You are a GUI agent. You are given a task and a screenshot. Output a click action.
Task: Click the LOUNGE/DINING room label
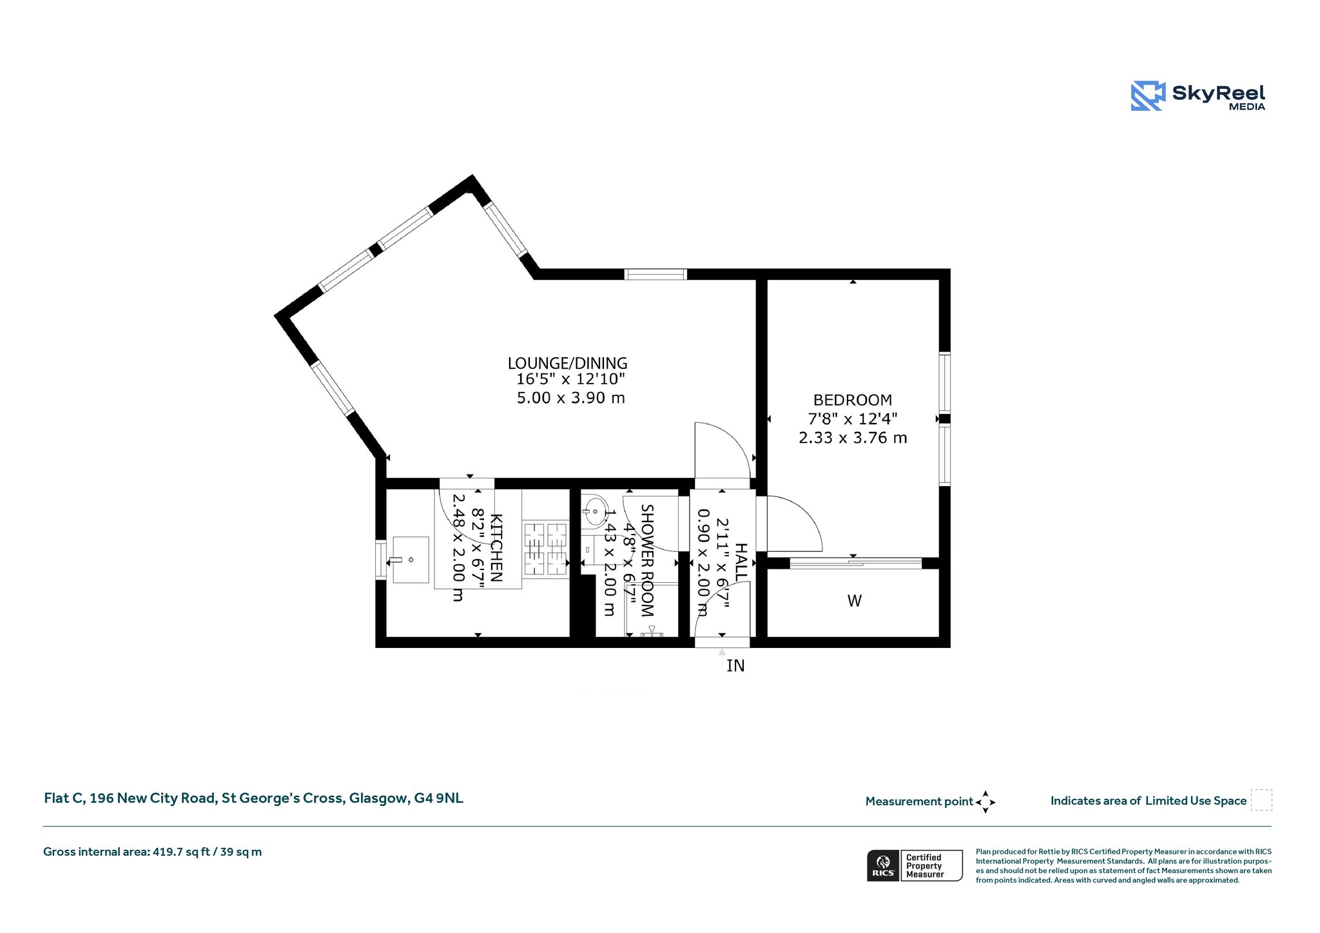pyautogui.click(x=567, y=364)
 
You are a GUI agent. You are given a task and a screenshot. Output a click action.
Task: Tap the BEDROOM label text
pyautogui.click(x=853, y=400)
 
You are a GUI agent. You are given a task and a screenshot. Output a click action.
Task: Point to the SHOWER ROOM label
pyautogui.click(x=647, y=560)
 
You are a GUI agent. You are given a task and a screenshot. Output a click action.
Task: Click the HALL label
pyautogui.click(x=741, y=562)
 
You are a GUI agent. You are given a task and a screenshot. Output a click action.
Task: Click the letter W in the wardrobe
pyautogui.click(x=855, y=601)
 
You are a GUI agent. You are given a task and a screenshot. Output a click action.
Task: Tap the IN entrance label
pyautogui.click(x=735, y=666)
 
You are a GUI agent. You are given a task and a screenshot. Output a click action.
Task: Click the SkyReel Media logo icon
pyautogui.click(x=1148, y=96)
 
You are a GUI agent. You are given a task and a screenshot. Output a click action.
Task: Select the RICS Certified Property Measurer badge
pyautogui.click(x=915, y=865)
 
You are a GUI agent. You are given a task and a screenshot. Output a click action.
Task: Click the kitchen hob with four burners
pyautogui.click(x=545, y=549)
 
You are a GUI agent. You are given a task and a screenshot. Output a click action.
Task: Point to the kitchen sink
pyautogui.click(x=411, y=560)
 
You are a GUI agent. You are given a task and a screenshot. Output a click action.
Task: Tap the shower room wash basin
pyautogui.click(x=594, y=512)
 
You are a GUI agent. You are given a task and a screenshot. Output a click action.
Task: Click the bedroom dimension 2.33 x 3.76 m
pyautogui.click(x=853, y=438)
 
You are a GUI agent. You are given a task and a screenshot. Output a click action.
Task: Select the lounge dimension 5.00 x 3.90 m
pyautogui.click(x=571, y=398)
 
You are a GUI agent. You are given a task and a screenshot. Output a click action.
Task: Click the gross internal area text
pyautogui.click(x=153, y=852)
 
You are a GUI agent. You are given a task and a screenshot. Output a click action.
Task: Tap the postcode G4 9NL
pyautogui.click(x=438, y=798)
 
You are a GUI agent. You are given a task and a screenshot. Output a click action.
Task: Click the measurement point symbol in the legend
pyautogui.click(x=985, y=802)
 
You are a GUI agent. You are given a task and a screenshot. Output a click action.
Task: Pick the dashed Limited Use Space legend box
pyautogui.click(x=1261, y=800)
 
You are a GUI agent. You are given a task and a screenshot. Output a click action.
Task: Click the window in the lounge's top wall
pyautogui.click(x=655, y=274)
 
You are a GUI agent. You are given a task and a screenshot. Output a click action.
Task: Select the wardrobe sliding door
pyautogui.click(x=856, y=563)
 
